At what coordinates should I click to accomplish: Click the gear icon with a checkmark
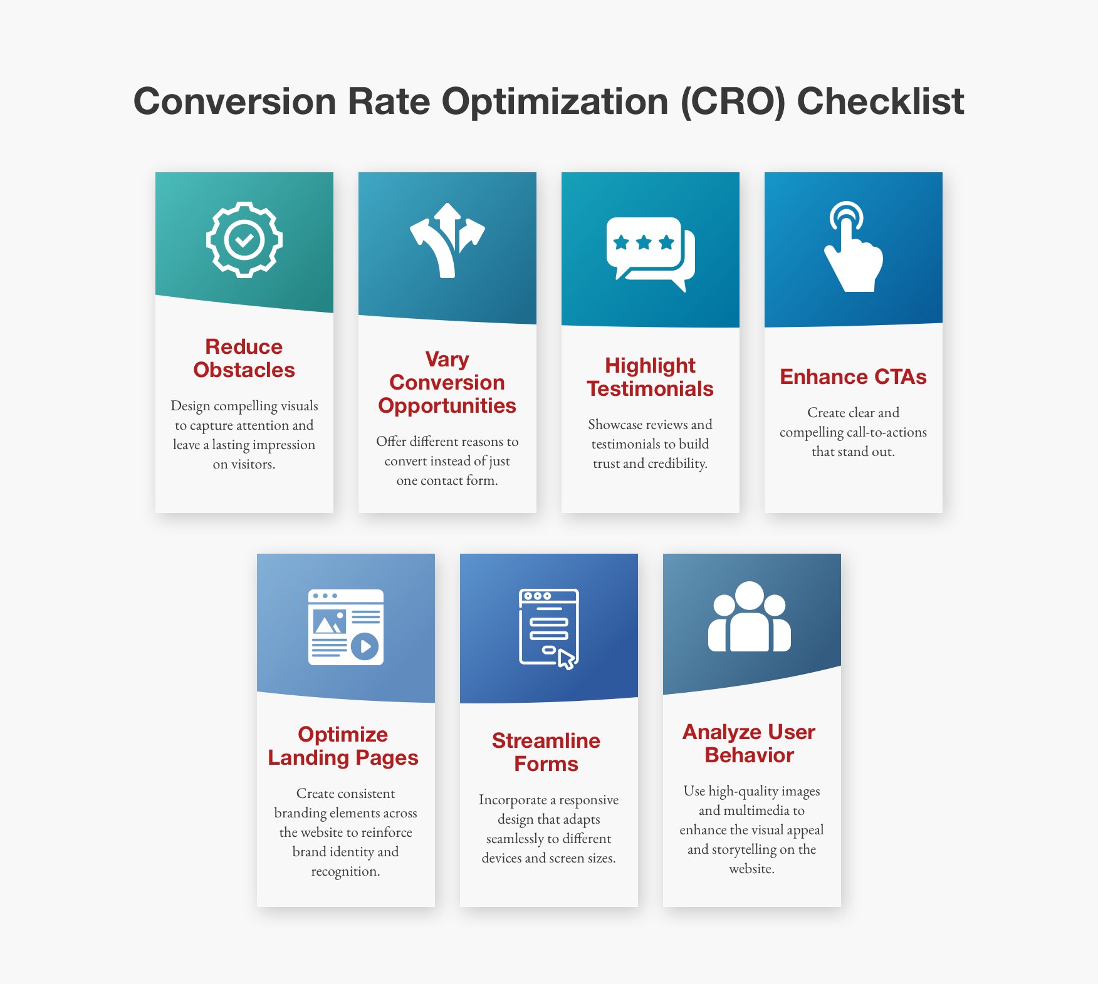point(244,240)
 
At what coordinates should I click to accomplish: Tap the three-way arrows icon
point(447,240)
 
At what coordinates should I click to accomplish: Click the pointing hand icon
point(852,247)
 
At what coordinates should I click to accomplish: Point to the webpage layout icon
point(345,627)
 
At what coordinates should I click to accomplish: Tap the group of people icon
point(750,617)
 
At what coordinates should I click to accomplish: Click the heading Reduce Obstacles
point(244,358)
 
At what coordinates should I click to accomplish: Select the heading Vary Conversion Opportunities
point(447,382)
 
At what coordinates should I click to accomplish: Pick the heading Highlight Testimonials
point(650,376)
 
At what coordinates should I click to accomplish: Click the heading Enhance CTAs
point(853,377)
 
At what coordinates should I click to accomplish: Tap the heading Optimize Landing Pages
point(343,746)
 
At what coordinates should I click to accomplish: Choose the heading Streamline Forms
point(546,752)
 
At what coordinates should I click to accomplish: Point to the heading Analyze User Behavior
point(749,743)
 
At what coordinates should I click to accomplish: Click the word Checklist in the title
point(880,101)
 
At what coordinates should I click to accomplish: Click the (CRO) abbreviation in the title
point(733,101)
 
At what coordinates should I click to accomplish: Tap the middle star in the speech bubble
point(644,242)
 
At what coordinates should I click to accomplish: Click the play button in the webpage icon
point(365,645)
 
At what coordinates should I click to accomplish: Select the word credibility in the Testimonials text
point(677,464)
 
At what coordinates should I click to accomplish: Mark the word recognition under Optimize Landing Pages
point(345,871)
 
